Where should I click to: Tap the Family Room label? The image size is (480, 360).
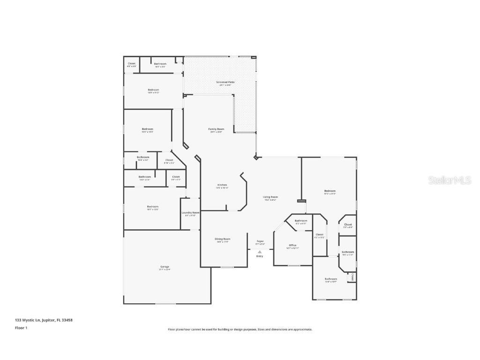(216, 129)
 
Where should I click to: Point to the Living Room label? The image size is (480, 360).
(270, 197)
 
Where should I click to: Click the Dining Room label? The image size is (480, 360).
(222, 239)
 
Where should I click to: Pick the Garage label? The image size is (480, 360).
(165, 267)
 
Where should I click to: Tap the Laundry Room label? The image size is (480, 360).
(190, 212)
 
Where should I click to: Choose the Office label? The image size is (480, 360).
(292, 245)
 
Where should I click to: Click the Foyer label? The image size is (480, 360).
(260, 241)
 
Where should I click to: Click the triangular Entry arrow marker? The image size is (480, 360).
(260, 252)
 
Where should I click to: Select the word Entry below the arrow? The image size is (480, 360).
(260, 256)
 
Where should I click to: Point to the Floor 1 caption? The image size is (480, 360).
(21, 328)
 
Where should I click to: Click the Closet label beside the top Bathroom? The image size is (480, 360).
(132, 63)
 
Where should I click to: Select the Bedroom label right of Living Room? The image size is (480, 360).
(330, 191)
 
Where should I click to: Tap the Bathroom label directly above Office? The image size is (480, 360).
(301, 220)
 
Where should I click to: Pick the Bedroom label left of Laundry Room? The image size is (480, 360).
(153, 206)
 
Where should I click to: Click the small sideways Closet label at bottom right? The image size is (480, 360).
(352, 277)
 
